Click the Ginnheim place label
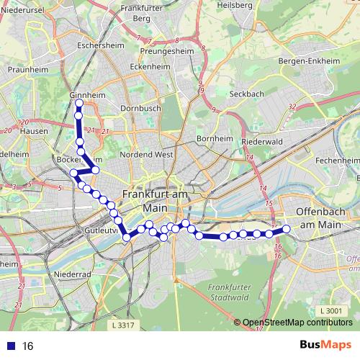[88, 95]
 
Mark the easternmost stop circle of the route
[286, 229]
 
